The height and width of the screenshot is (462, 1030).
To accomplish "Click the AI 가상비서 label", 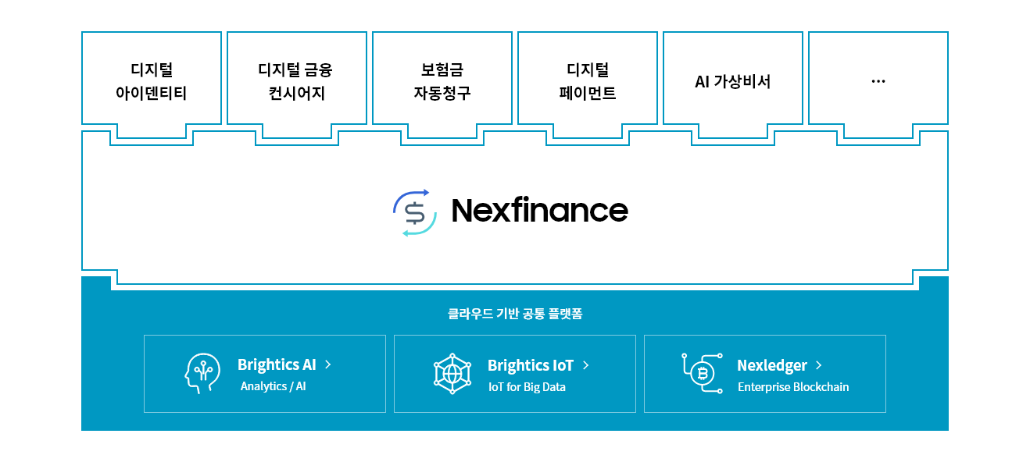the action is (732, 82).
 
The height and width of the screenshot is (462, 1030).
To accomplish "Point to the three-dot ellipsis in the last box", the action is (878, 82).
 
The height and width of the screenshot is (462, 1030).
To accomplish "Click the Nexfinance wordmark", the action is (540, 211).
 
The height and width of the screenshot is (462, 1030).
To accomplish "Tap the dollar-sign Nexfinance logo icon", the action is (415, 212).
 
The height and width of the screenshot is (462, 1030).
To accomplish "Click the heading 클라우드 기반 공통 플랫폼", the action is (515, 314).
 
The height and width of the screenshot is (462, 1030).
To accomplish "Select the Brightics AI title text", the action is (277, 364).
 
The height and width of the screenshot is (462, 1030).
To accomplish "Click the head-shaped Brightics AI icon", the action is (202, 373).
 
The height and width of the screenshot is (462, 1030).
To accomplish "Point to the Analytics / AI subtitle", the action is (274, 386).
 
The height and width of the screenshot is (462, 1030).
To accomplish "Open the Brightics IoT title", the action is (530, 365).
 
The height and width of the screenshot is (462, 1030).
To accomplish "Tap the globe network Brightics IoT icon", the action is (452, 373).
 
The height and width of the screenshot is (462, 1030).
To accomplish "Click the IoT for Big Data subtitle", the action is (527, 387).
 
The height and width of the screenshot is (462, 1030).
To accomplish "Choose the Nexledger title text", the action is (772, 365).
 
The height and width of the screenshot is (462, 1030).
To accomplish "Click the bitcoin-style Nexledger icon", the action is (702, 373).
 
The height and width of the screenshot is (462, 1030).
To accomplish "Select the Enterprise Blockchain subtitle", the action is (793, 387).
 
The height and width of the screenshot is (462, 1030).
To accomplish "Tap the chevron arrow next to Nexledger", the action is (819, 365).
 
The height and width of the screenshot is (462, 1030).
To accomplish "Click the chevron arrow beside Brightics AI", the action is (328, 364).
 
